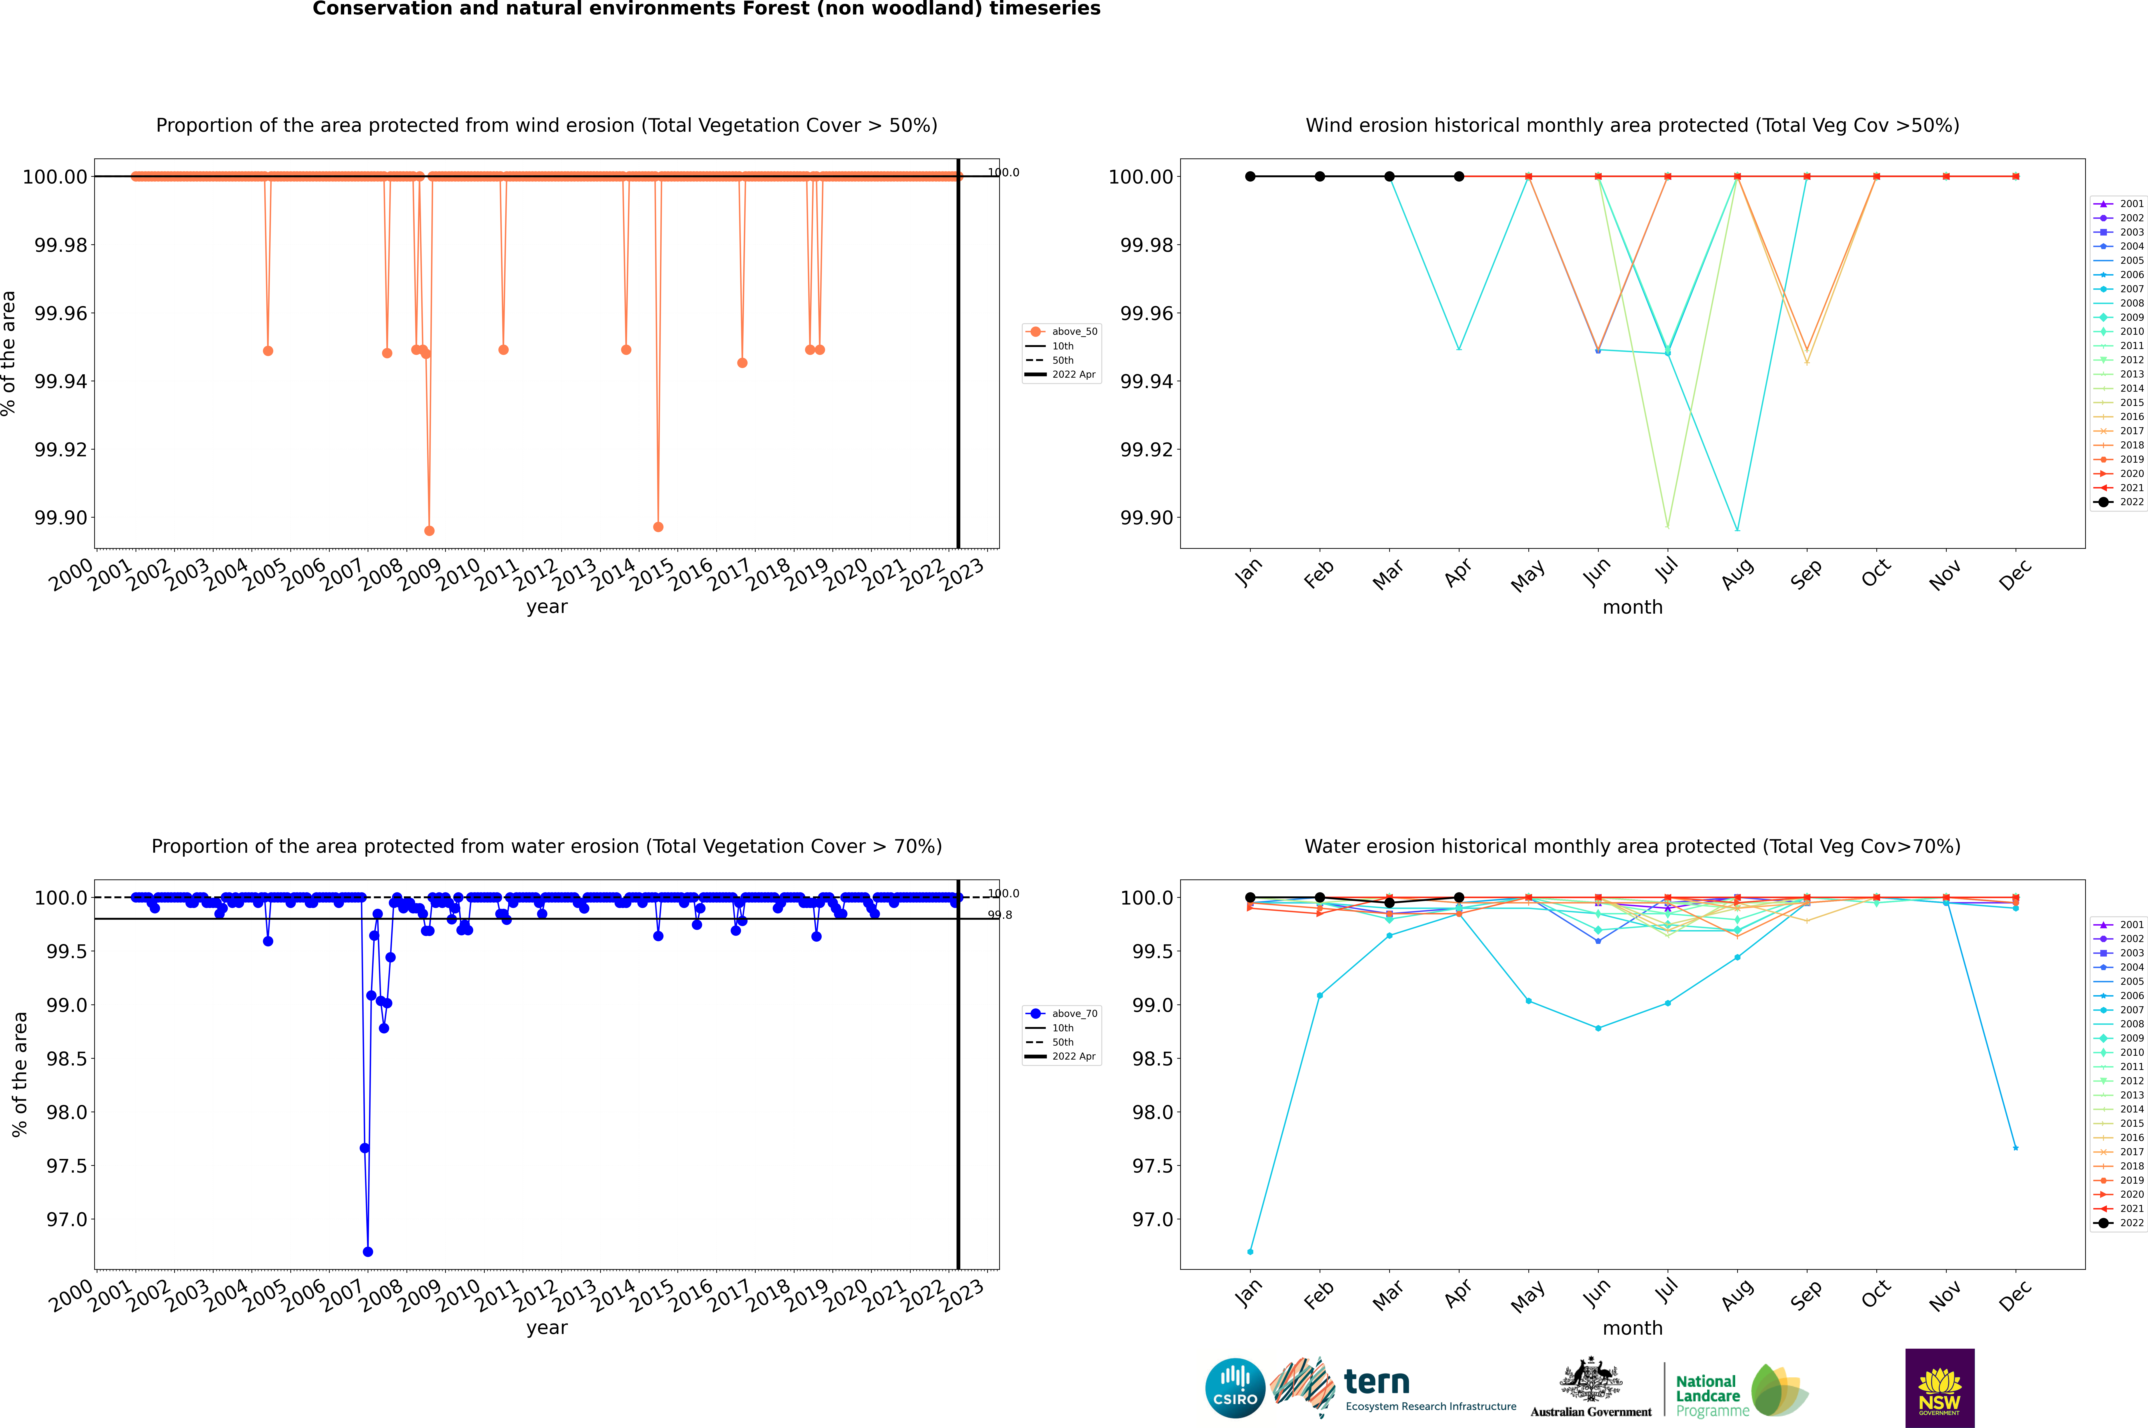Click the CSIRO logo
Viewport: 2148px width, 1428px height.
click(x=1235, y=1388)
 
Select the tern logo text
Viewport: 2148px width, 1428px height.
click(x=1377, y=1383)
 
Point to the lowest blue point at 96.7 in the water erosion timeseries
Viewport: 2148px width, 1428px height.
click(x=368, y=1251)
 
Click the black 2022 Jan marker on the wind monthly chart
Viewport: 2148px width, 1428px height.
click(x=1250, y=177)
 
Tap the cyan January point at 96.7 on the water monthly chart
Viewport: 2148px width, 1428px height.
click(x=1250, y=1251)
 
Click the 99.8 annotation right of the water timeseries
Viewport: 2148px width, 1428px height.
click(x=1000, y=915)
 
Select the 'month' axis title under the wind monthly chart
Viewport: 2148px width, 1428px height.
click(x=1633, y=608)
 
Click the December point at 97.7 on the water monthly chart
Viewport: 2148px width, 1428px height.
click(x=2015, y=1148)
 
